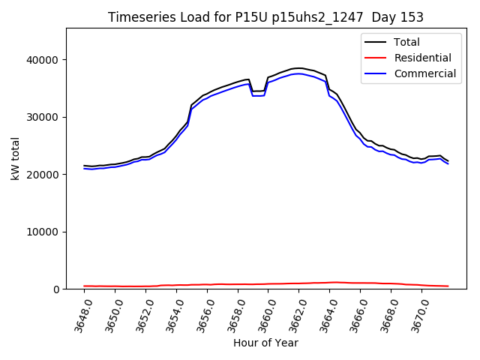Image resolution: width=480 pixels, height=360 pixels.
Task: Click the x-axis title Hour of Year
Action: coord(265,343)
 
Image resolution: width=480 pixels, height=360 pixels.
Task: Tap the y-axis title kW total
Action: coord(15,158)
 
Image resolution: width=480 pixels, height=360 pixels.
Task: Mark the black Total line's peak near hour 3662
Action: coord(298,68)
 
